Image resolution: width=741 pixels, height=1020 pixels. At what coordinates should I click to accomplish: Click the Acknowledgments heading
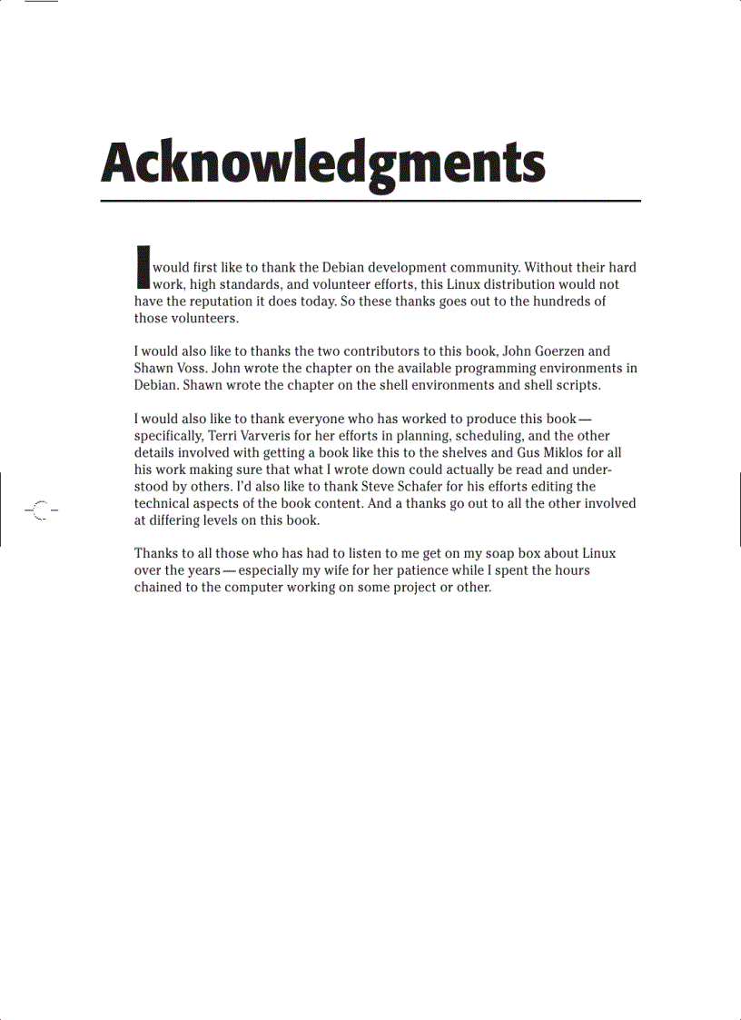coord(323,165)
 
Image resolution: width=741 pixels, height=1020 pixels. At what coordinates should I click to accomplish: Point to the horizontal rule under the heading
coord(370,200)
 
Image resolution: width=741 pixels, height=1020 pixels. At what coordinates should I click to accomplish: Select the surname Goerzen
coord(557,351)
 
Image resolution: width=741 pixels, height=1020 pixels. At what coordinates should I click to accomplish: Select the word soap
coord(487,553)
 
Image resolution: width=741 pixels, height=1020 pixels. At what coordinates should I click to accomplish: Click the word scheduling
coord(479,435)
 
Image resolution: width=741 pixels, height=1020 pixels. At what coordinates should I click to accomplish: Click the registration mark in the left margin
coord(40,510)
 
